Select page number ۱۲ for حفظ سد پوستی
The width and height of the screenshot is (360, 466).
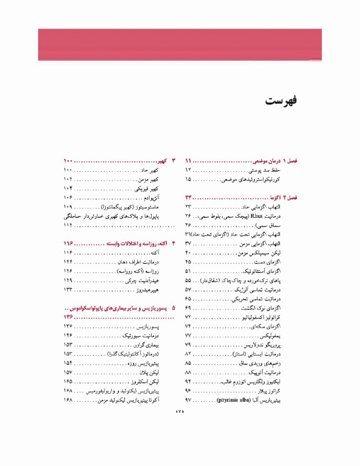[189, 171]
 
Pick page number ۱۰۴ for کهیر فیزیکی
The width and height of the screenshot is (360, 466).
[68, 189]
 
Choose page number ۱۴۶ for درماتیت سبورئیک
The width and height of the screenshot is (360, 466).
[68, 334]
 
